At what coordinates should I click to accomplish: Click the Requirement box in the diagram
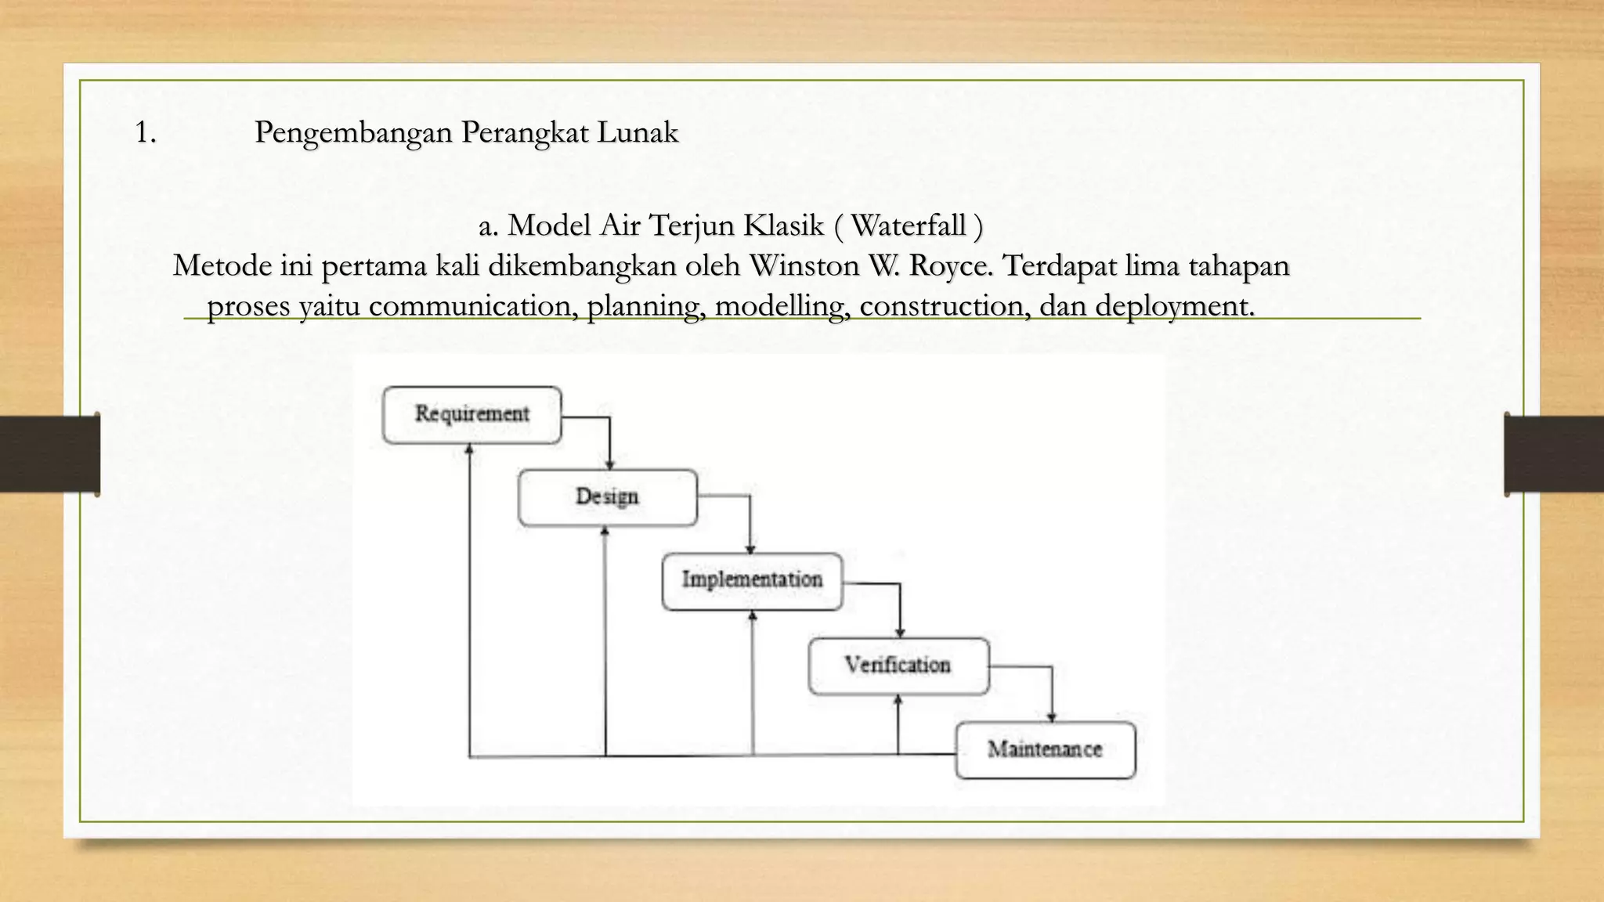[x=471, y=414]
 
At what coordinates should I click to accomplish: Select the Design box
[x=607, y=497]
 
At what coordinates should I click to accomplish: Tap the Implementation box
[x=752, y=581]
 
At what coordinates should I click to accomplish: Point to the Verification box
[x=898, y=666]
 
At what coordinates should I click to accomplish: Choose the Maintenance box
[x=1045, y=750]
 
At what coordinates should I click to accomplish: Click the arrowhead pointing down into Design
[x=610, y=465]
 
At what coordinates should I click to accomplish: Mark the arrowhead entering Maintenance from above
[x=1052, y=716]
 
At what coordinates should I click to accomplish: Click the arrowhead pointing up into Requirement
[x=469, y=449]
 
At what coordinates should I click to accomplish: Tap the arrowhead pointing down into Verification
[x=900, y=633]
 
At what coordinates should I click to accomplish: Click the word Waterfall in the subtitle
[x=908, y=225]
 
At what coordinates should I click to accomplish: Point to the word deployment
[x=1174, y=305]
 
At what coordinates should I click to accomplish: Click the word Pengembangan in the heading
[x=353, y=132]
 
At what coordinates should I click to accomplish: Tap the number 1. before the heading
[x=146, y=132]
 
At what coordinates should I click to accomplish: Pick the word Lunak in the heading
[x=638, y=132]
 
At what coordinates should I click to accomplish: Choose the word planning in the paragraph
[x=645, y=305]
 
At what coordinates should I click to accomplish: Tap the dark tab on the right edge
[x=1554, y=454]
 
